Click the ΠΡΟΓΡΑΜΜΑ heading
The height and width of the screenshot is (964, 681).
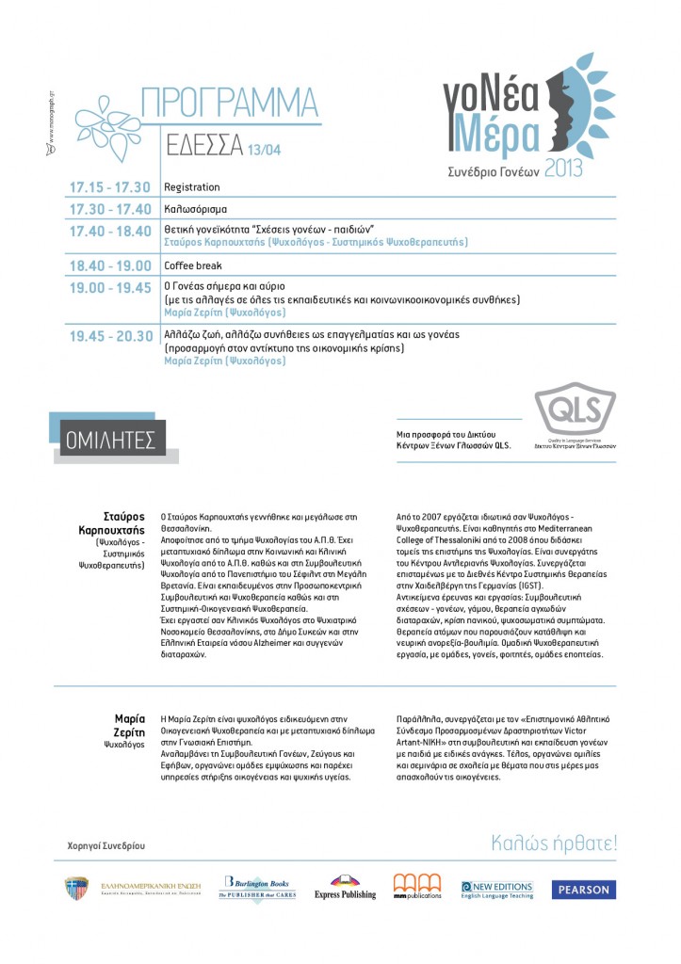[228, 102]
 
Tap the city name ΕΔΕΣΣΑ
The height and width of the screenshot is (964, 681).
[203, 146]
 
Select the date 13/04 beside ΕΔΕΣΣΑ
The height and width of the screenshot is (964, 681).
[263, 149]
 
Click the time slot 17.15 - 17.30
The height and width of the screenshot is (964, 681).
[109, 187]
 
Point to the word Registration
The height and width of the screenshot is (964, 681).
[191, 187]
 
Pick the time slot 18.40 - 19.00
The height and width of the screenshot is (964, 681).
[109, 265]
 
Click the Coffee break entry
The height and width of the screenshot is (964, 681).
[192, 265]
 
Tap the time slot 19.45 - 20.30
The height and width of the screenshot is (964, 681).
[109, 335]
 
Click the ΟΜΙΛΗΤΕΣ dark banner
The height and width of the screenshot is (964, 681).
[110, 438]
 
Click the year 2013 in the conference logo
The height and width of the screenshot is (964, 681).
[562, 169]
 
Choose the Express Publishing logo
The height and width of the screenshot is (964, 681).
[345, 888]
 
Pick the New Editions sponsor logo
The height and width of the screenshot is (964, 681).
[496, 888]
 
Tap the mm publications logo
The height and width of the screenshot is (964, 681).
[416, 887]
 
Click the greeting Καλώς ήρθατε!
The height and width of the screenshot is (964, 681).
[554, 843]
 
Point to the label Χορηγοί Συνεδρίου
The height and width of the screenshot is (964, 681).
[107, 845]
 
